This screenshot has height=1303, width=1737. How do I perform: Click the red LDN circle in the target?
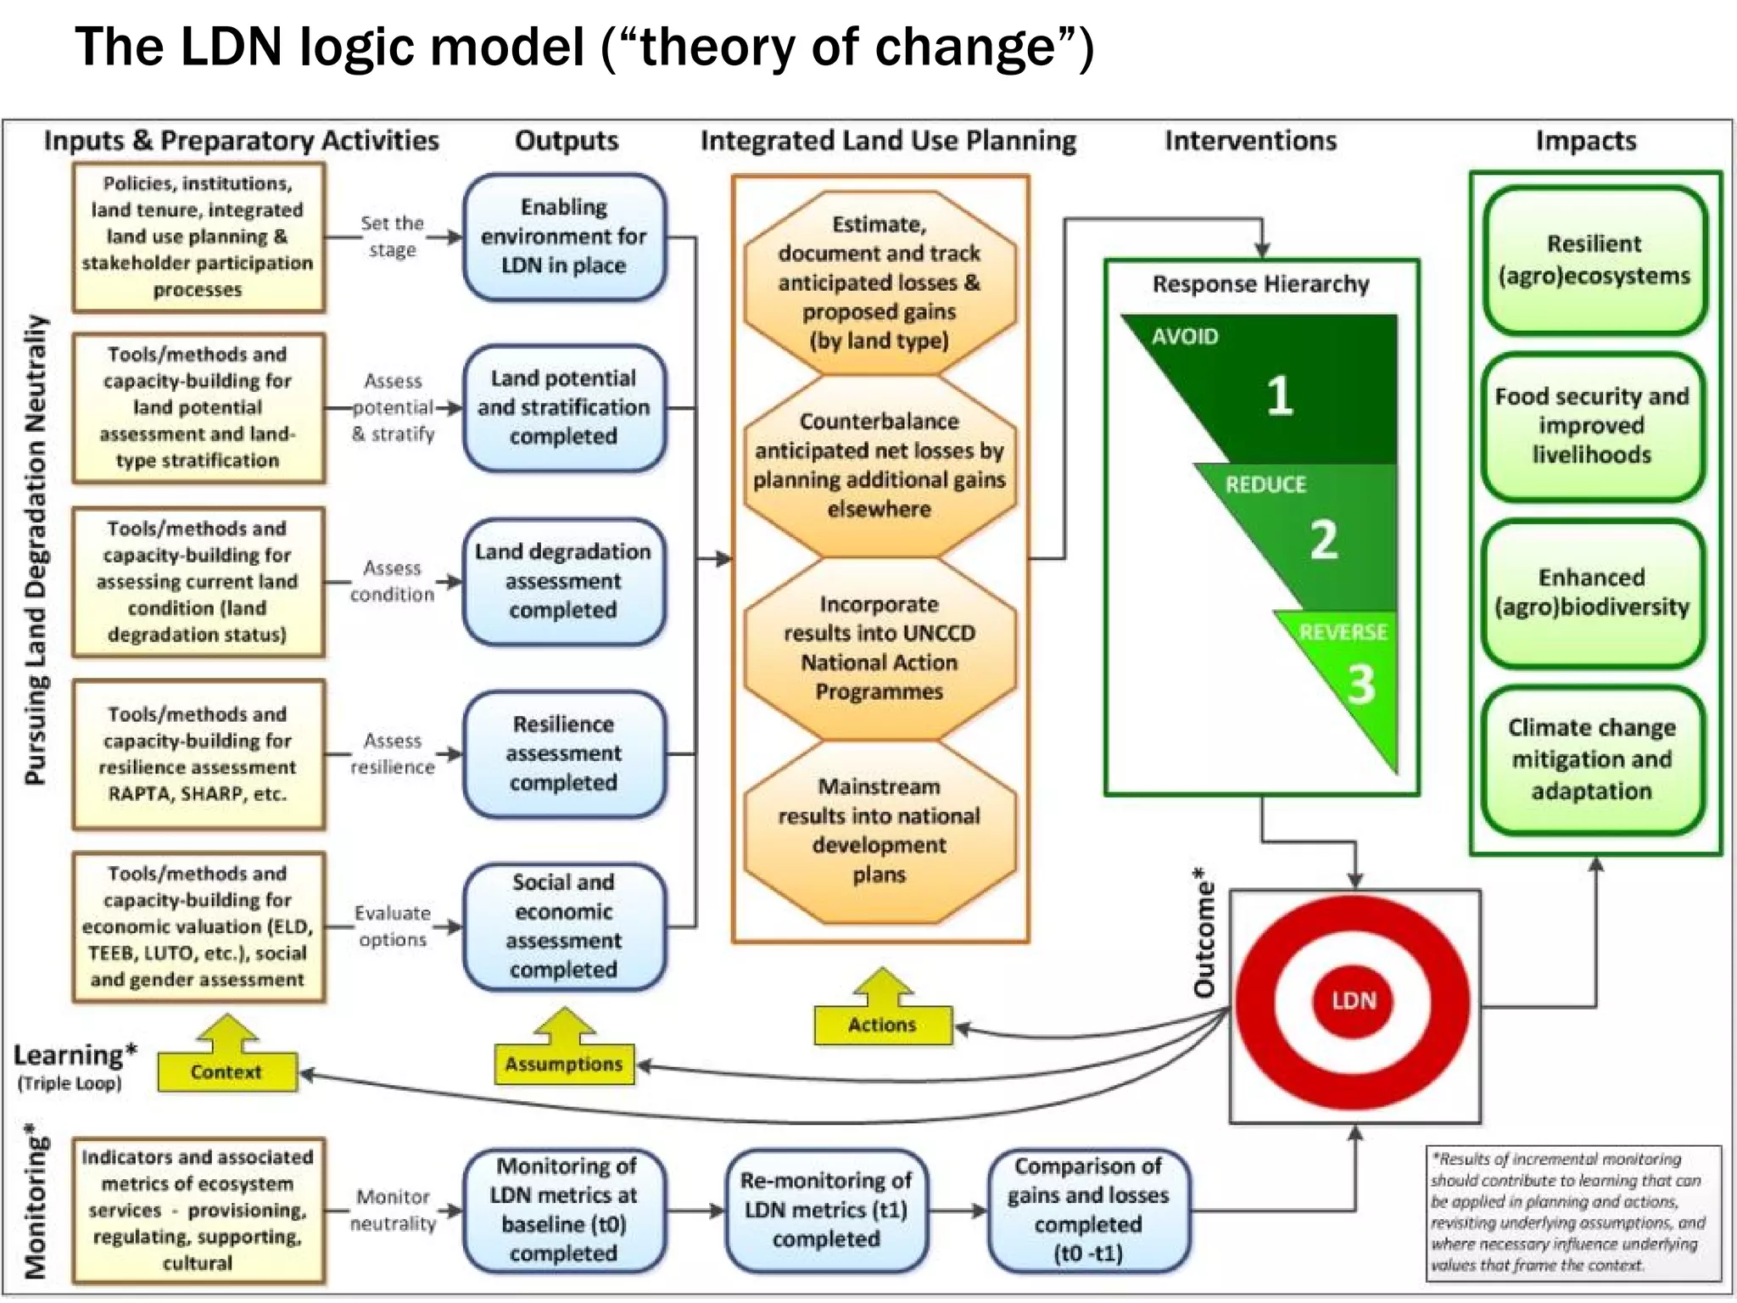1354,1001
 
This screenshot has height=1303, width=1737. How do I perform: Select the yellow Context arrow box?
226,1071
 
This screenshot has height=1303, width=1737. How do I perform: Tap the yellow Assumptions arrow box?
564,1064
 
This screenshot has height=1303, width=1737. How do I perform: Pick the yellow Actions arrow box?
882,1025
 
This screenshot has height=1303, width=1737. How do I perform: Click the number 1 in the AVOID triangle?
1280,395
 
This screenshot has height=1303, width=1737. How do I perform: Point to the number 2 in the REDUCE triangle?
1324,540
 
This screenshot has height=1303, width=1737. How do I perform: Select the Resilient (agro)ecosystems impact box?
1594,260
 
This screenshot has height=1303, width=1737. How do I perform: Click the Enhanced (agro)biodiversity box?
1592,592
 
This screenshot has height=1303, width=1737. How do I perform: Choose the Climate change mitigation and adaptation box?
1592,759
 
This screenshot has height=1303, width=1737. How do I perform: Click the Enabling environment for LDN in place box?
564,237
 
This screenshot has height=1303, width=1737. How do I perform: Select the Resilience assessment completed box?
564,753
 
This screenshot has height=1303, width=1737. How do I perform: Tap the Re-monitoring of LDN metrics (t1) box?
826,1210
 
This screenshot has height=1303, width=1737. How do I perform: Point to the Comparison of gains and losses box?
1088,1210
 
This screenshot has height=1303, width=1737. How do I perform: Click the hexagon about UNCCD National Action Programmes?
880,648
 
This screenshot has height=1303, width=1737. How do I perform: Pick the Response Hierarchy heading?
1260,284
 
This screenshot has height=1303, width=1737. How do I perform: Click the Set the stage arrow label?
392,237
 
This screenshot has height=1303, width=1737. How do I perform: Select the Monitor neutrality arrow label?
393,1210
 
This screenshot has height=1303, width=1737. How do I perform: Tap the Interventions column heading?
1250,141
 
